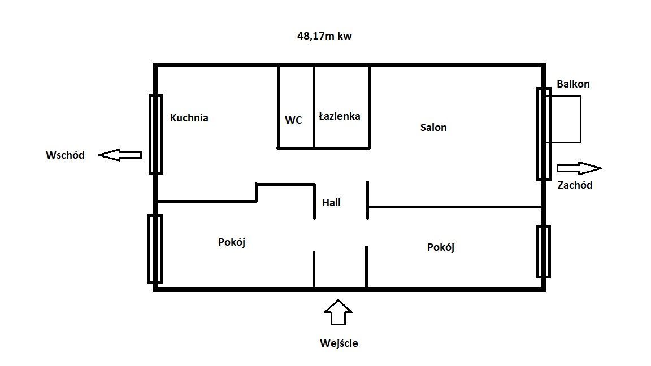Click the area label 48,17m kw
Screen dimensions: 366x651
click(x=325, y=36)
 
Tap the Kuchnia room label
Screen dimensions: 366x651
click(x=189, y=118)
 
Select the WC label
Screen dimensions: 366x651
click(x=293, y=120)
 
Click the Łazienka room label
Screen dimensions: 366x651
click(x=339, y=116)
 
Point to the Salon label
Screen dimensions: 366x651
click(x=433, y=128)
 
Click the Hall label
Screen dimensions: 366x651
click(x=331, y=202)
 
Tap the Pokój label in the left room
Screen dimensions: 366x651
click(x=232, y=242)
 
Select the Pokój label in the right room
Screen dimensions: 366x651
click(x=441, y=247)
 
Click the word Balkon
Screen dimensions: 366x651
click(x=573, y=84)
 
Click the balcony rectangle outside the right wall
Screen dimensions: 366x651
click(x=565, y=119)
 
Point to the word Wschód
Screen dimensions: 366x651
click(x=65, y=155)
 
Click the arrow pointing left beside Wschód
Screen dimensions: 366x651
click(x=119, y=155)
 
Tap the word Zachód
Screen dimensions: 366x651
click(x=575, y=185)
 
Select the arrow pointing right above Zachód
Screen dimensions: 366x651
click(x=579, y=168)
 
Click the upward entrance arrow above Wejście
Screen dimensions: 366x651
click(x=338, y=312)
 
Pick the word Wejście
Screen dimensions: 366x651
click(x=338, y=343)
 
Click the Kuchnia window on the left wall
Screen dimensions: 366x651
click(x=155, y=134)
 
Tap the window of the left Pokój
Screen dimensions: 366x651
click(x=154, y=249)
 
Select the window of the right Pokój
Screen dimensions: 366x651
click(x=544, y=251)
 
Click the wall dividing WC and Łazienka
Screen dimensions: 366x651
click(x=314, y=107)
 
